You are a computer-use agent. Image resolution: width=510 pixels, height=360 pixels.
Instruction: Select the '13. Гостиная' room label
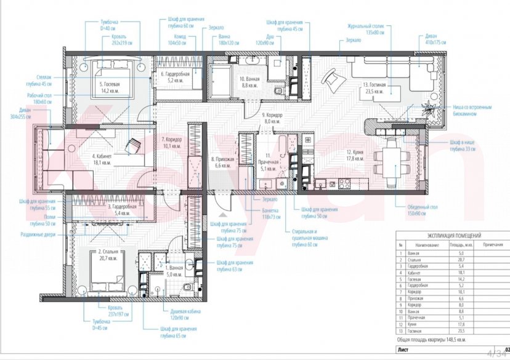point(374,87)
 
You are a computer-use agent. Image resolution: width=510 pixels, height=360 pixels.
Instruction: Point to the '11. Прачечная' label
point(268,159)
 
